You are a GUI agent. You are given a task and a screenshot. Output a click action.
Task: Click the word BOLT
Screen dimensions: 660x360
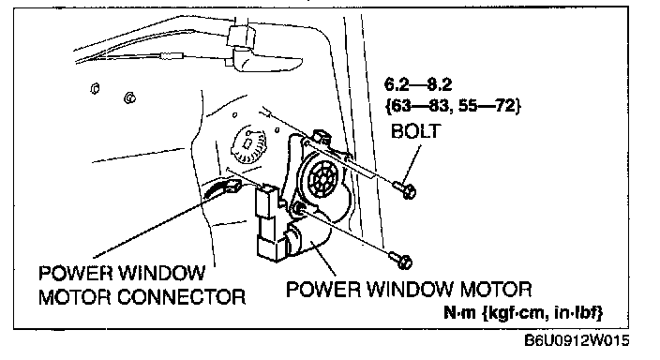click(416, 131)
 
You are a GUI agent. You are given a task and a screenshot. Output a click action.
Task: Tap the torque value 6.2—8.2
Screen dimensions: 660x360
click(418, 84)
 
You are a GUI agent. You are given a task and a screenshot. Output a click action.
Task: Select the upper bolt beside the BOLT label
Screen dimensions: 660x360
click(405, 189)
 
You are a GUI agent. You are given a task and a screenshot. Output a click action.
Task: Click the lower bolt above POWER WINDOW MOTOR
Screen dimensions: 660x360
click(400, 260)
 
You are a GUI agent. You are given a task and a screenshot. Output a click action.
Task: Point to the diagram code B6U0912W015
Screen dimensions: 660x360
click(577, 340)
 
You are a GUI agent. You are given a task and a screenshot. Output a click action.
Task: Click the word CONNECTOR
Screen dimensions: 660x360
click(181, 297)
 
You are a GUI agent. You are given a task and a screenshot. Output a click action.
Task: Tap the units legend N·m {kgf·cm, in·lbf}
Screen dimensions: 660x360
click(523, 313)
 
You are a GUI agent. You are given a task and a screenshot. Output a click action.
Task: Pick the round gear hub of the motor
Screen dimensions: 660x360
click(322, 179)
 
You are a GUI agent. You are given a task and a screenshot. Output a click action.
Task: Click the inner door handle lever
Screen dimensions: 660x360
click(265, 61)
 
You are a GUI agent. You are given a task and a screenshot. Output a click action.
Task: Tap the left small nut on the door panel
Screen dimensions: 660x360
click(95, 88)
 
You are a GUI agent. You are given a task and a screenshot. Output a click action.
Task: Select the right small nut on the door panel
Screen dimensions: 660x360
click(129, 97)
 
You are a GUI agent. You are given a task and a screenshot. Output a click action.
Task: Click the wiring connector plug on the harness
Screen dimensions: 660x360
click(232, 186)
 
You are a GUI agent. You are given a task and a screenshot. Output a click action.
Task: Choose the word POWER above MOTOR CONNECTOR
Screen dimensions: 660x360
click(76, 273)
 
